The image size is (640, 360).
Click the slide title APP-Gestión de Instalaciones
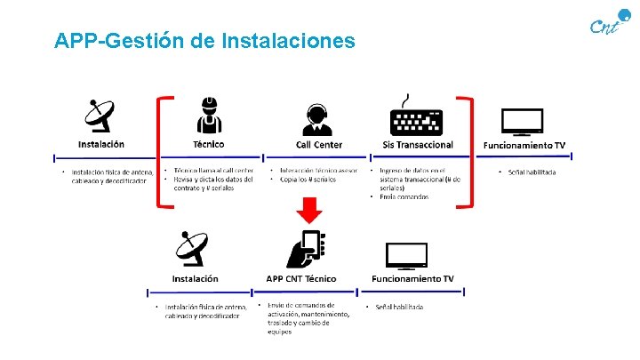click(x=204, y=41)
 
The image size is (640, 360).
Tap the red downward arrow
click(x=310, y=212)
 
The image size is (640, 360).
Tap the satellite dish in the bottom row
click(x=195, y=249)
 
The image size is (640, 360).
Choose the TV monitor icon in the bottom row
click(x=412, y=255)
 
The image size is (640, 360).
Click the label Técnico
click(x=209, y=144)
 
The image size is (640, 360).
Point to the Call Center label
click(x=318, y=145)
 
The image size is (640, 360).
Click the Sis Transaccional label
click(x=417, y=145)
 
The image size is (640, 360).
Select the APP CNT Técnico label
click(x=301, y=278)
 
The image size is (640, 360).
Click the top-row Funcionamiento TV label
click(x=524, y=145)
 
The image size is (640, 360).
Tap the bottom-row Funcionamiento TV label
click(x=412, y=278)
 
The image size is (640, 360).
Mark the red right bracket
click(x=470, y=151)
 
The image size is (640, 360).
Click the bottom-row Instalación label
click(x=195, y=278)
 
